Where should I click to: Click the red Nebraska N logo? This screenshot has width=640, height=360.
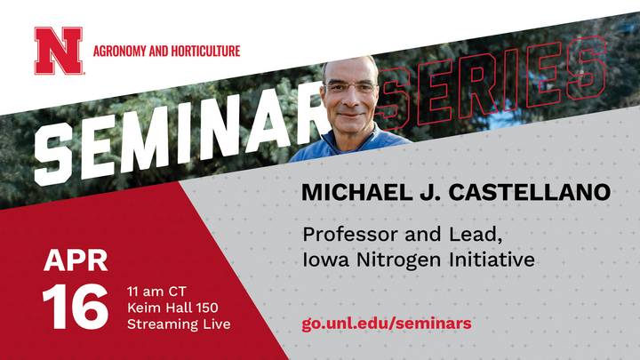tap(59, 51)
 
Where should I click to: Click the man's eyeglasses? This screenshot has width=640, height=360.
tap(350, 86)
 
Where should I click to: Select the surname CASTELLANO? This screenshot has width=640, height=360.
tap(530, 192)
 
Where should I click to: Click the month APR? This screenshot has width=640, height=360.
tap(76, 260)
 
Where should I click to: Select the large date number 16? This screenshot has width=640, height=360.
tap(75, 307)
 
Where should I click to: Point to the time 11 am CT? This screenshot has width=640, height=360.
tap(156, 292)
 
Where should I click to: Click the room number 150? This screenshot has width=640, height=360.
tap(207, 308)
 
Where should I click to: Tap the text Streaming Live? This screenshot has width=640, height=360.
tap(179, 324)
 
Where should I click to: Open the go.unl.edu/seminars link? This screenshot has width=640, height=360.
tap(387, 324)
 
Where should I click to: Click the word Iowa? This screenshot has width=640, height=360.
tap(325, 260)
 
